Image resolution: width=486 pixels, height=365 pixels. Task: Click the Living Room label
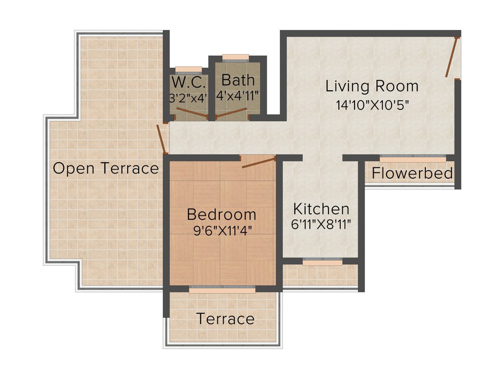pyautogui.click(x=372, y=86)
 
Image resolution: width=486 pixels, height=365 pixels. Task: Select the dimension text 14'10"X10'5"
pyautogui.click(x=373, y=105)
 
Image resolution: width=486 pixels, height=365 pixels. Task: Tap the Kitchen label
pyautogui.click(x=321, y=209)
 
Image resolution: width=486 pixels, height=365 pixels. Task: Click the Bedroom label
pyautogui.click(x=222, y=214)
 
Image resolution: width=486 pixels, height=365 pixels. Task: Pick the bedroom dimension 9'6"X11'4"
pyautogui.click(x=222, y=231)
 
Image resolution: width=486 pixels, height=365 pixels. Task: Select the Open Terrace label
pyautogui.click(x=106, y=168)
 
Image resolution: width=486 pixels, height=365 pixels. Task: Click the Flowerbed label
pyautogui.click(x=412, y=173)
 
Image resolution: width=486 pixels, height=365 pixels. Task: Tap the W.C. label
pyautogui.click(x=189, y=83)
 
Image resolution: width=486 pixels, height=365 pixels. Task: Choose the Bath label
pyautogui.click(x=238, y=80)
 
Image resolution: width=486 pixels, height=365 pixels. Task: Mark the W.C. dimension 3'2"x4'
pyautogui.click(x=189, y=98)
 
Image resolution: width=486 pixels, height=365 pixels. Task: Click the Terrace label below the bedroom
pyautogui.click(x=225, y=319)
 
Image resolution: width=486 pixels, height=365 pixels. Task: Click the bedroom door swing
pyautogui.click(x=259, y=162)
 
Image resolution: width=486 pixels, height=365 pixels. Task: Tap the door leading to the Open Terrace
pyautogui.click(x=162, y=139)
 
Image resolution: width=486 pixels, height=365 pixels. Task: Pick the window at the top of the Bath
pyautogui.click(x=235, y=58)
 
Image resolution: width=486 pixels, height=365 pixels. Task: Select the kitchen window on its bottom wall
pyautogui.click(x=323, y=262)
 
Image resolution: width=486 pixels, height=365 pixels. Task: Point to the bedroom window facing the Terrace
pyautogui.click(x=222, y=289)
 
